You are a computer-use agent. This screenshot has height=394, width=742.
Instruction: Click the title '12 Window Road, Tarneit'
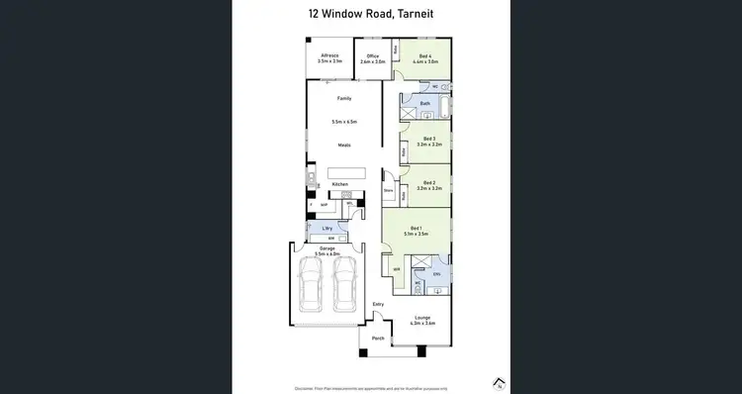(x=371, y=14)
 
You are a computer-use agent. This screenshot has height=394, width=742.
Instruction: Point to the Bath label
(x=425, y=103)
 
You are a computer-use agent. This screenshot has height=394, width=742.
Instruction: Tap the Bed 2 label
(x=428, y=184)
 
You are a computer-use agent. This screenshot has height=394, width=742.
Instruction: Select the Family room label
(x=344, y=99)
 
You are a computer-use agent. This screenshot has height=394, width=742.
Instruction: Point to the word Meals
(x=344, y=146)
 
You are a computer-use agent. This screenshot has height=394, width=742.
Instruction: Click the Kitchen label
(x=339, y=185)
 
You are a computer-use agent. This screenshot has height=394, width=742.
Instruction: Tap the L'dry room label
(x=327, y=229)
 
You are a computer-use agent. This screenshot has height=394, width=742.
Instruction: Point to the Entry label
(x=378, y=304)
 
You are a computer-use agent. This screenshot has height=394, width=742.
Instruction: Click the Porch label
(x=377, y=339)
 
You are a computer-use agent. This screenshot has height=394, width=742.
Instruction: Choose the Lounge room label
(x=423, y=320)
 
